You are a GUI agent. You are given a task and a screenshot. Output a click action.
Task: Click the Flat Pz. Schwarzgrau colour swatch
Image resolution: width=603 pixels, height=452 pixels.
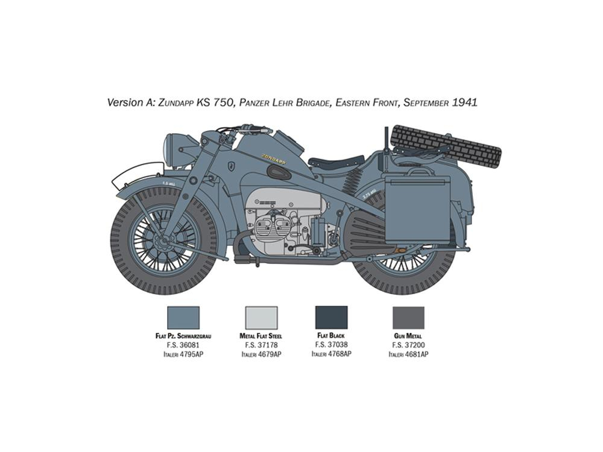(183, 318)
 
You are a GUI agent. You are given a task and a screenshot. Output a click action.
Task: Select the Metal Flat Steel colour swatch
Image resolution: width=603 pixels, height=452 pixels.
(261, 318)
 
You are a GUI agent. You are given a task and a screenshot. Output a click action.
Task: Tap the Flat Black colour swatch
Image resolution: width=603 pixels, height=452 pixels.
(331, 317)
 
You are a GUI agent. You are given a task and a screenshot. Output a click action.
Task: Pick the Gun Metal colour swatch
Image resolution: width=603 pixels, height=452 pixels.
(408, 318)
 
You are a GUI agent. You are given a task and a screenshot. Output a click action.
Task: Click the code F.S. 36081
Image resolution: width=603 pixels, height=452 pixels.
(183, 345)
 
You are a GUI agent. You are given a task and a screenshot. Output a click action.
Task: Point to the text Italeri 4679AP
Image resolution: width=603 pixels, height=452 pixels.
(261, 354)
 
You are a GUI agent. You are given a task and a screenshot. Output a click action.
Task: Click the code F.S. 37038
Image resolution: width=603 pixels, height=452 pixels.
(331, 345)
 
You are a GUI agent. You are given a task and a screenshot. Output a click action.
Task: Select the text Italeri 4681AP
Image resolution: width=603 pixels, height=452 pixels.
(408, 354)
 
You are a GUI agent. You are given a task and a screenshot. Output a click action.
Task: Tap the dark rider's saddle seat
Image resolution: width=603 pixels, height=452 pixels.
(336, 161)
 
